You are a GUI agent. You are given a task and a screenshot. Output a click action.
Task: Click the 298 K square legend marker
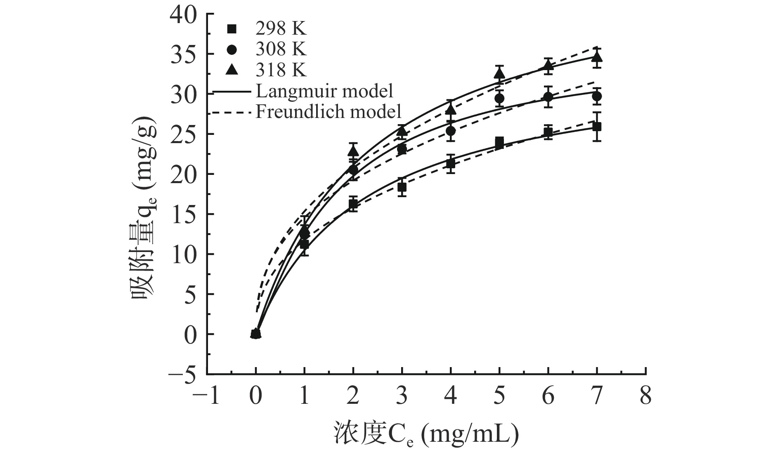pos(232,29)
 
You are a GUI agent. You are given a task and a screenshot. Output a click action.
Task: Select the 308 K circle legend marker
pos(232,49)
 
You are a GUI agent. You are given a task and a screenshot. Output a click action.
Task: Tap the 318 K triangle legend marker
pos(232,70)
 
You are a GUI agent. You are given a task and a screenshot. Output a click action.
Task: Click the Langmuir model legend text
pos(324,91)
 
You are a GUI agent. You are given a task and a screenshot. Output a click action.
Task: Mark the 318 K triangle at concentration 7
pos(597,57)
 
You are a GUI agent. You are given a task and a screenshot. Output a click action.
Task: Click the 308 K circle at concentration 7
pos(597,96)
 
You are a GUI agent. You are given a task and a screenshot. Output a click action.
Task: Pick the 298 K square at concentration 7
pos(597,127)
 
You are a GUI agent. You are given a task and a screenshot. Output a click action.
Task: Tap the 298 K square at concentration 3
pos(402,187)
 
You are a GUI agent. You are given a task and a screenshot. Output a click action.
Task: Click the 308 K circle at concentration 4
pos(451,131)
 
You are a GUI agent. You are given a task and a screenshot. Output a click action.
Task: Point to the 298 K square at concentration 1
pos(304,244)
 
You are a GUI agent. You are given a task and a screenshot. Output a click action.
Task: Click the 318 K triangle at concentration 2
pos(353,151)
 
